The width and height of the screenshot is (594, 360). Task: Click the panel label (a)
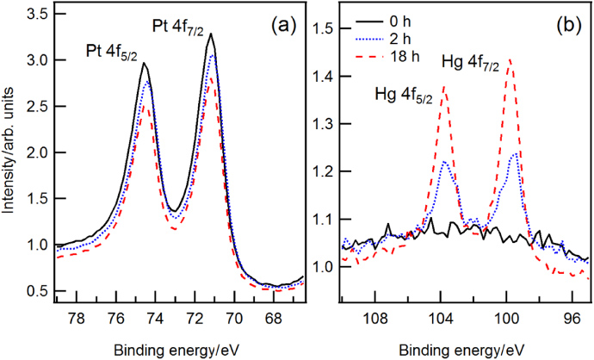coord(282,27)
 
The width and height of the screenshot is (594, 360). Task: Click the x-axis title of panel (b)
coord(466,350)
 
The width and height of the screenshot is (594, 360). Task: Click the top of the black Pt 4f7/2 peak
coord(210,34)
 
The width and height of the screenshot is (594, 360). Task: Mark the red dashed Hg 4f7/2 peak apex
coord(510,59)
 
